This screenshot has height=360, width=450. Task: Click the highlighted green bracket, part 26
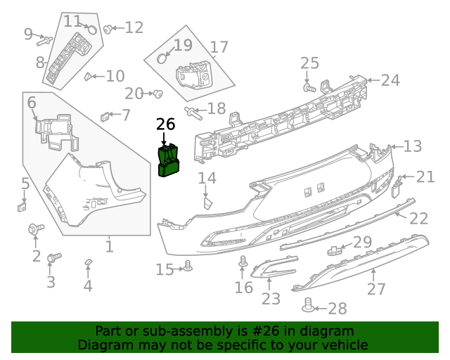168,160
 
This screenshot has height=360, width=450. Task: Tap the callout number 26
165,124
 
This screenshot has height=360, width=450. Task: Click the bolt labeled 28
307,306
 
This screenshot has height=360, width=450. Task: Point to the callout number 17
219,48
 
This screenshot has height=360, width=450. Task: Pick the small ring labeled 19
162,58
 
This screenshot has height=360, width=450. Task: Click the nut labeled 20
158,94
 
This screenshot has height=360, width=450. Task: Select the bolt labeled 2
34,229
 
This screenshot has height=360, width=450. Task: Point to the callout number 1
109,247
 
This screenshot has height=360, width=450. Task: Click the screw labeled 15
188,266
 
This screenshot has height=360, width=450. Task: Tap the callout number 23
271,299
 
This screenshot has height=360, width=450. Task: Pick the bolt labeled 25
309,88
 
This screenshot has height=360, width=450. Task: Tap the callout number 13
413,146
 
